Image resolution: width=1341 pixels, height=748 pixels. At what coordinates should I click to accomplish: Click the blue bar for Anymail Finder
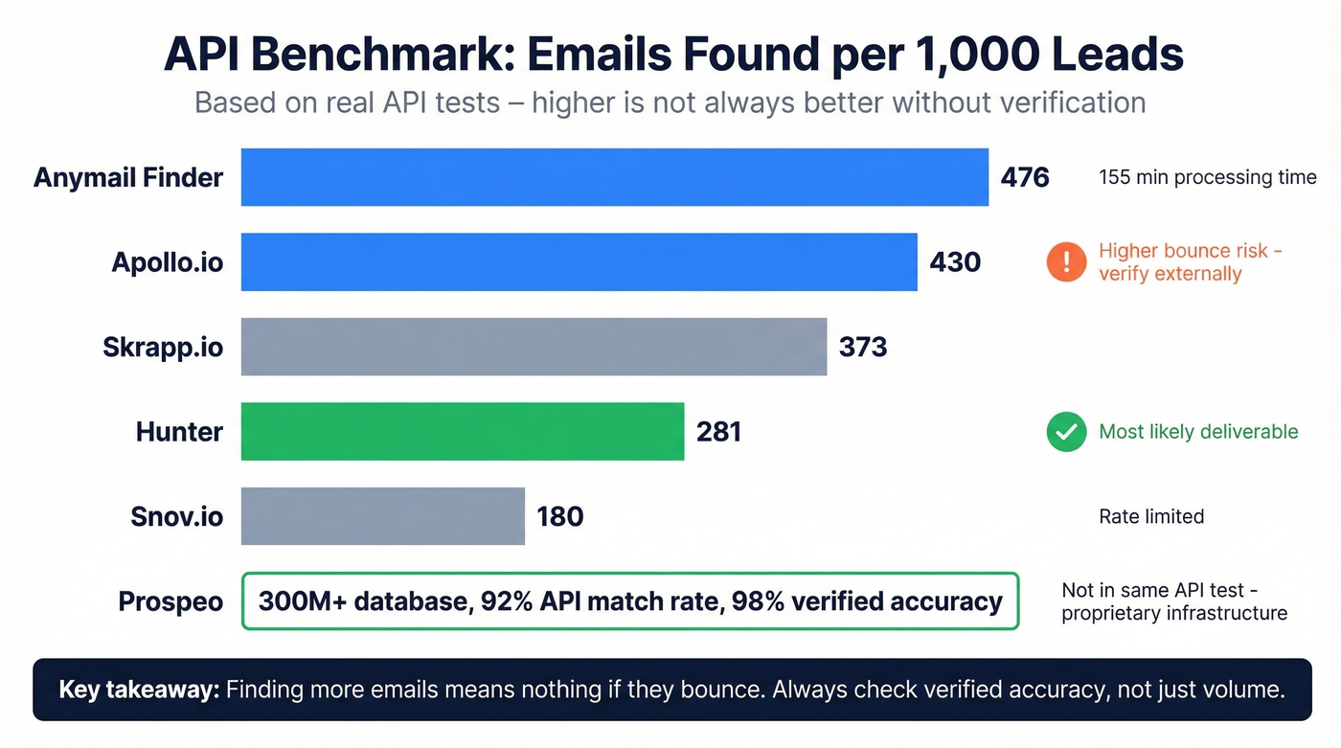coord(614,177)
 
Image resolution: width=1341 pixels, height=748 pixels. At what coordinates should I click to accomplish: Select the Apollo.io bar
coord(579,261)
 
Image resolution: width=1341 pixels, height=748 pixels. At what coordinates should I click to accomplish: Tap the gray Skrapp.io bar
coord(534,347)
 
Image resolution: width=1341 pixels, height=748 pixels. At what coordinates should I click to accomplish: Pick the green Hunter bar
coord(462,432)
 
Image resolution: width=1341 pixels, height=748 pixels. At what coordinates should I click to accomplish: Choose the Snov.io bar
coord(382,516)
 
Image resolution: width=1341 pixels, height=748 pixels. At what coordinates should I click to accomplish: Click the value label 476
coord(1025,177)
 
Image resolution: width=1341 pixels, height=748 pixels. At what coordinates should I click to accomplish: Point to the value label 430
coord(955,261)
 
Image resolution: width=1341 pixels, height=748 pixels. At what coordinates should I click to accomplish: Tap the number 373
coord(863,347)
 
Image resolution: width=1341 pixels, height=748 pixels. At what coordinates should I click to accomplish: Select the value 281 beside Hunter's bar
coord(719,432)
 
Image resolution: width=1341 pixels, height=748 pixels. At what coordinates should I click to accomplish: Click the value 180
coord(560,516)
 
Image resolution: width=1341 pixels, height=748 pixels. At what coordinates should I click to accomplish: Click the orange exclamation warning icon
coord(1066,262)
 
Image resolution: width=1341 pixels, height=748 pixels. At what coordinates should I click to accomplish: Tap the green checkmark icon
coord(1066,432)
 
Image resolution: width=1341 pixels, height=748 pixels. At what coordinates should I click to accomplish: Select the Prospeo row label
coord(170,601)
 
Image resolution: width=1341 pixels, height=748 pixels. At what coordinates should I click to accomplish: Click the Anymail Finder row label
coord(128,177)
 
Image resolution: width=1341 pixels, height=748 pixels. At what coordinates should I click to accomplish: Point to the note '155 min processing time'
coord(1207,177)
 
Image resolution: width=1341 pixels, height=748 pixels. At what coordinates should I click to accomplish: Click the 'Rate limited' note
coord(1150,517)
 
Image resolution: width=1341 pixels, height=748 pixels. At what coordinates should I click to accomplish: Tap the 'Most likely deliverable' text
coord(1198,432)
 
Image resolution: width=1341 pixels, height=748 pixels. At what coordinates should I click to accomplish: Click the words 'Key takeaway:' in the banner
coord(139,690)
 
